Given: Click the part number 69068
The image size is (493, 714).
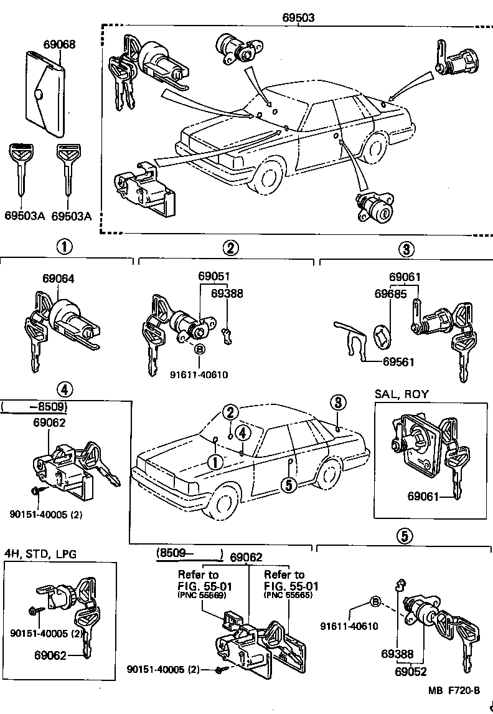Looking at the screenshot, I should [x=59, y=44].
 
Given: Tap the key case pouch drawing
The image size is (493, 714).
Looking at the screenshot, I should [x=45, y=93].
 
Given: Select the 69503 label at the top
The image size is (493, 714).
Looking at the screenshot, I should [x=298, y=18].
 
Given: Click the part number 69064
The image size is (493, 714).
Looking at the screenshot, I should [x=59, y=278].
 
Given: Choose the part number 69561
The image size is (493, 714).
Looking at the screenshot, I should [x=398, y=361].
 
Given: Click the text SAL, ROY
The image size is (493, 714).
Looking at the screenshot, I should [x=401, y=394].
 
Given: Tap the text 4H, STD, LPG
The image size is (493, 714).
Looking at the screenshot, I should [x=40, y=554].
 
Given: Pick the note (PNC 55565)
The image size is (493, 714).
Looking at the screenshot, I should [x=288, y=595].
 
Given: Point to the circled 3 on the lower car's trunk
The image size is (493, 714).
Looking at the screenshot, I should [x=337, y=402].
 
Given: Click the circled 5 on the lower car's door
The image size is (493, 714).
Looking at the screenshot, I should [x=288, y=484].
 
